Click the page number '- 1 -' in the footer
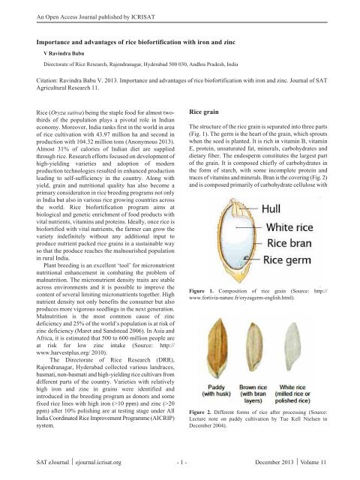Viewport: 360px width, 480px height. point(179,463)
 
